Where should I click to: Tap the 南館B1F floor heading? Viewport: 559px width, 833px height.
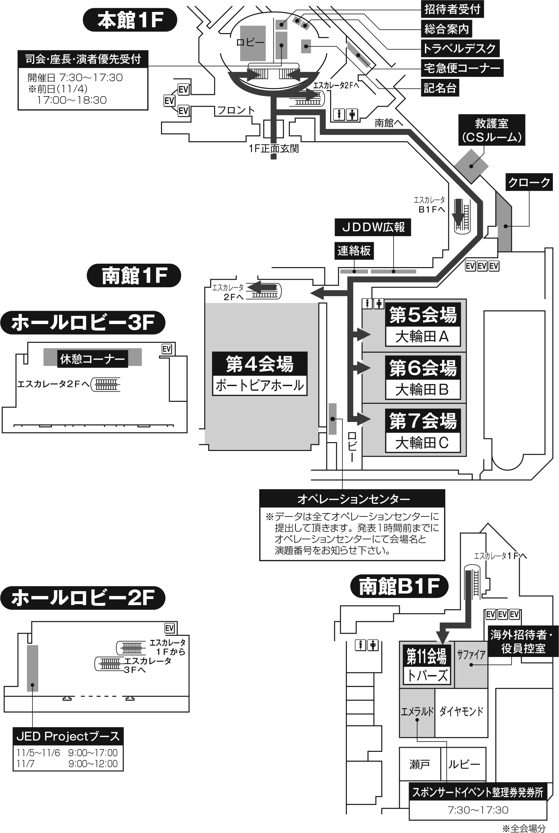399,586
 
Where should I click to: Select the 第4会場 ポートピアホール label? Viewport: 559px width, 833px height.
260,374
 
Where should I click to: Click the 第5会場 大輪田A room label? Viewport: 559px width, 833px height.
423,324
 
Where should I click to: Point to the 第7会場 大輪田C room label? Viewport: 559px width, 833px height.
423,431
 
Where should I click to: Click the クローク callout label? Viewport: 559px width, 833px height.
529,182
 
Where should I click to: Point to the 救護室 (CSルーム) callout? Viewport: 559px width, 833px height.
491,130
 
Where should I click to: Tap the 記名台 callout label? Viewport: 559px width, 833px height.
440,88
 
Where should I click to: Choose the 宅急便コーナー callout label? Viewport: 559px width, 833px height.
462,68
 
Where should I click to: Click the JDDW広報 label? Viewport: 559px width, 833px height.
372,227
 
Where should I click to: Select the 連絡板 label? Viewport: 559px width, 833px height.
354,251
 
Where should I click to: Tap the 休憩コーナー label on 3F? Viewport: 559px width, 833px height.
92,359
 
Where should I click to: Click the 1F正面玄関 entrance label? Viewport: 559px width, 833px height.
274,148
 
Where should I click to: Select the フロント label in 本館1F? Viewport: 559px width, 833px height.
236,110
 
